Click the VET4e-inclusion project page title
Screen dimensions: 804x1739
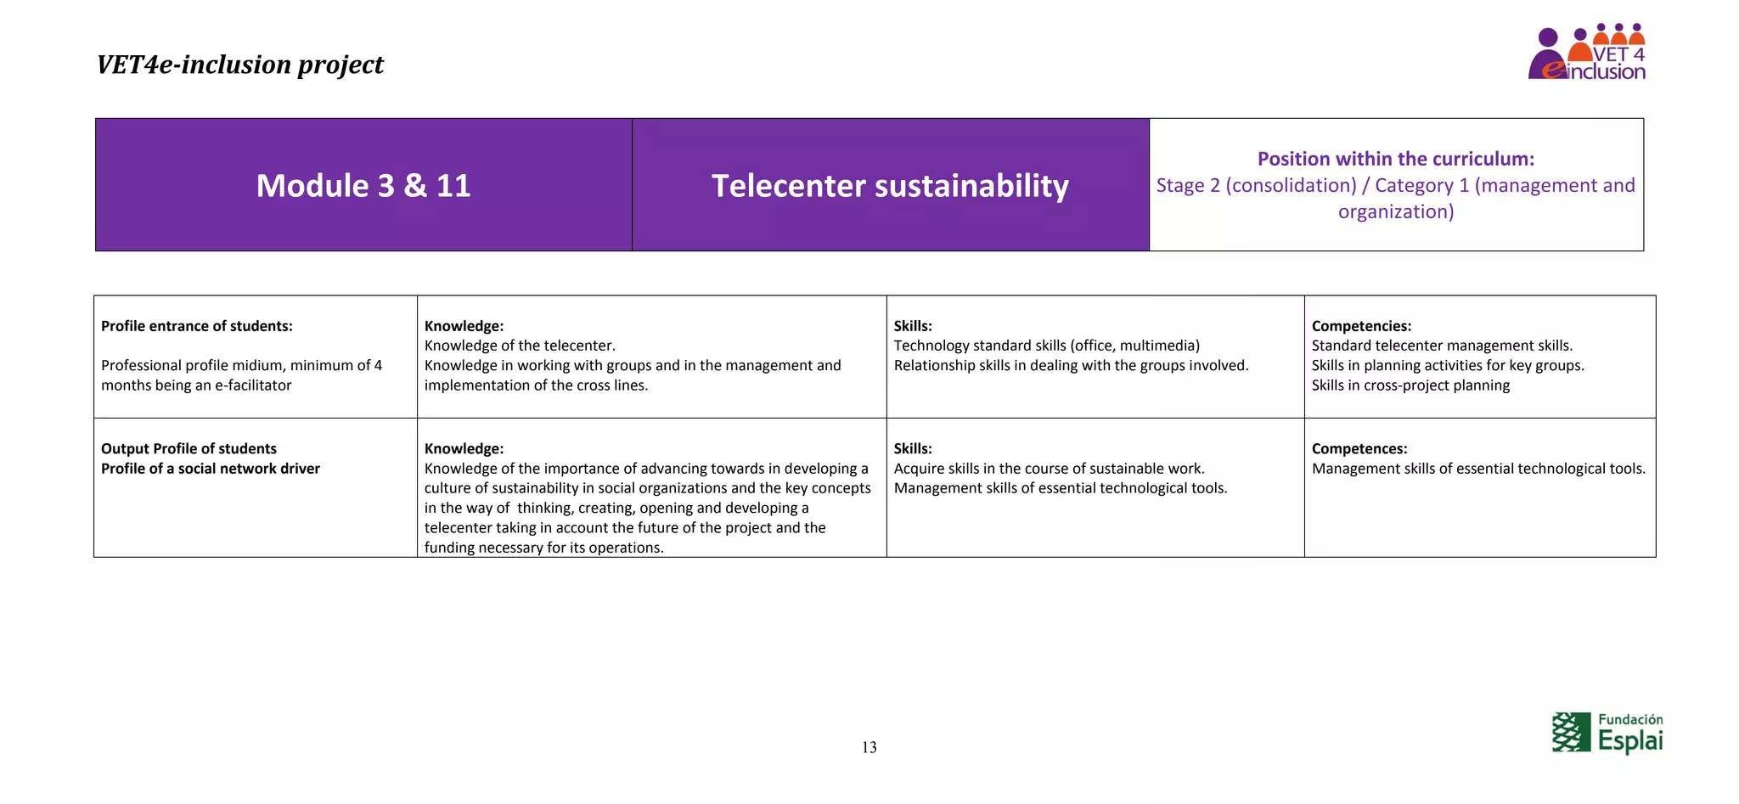click(239, 65)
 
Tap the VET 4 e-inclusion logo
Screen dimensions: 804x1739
click(1586, 53)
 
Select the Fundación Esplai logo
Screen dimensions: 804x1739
click(1607, 733)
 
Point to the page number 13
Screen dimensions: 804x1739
click(869, 747)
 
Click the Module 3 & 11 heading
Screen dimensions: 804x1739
click(363, 186)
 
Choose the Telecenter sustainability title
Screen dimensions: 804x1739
click(890, 186)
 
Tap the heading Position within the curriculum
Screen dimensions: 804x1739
click(1395, 159)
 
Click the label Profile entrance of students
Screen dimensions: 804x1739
click(197, 326)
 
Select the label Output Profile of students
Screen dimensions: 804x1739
click(189, 448)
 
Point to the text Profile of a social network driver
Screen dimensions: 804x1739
click(211, 469)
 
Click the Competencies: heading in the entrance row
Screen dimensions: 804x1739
click(1361, 326)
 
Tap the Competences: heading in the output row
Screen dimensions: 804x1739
click(1359, 448)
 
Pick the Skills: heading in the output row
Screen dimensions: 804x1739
click(913, 448)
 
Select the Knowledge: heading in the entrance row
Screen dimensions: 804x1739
click(464, 326)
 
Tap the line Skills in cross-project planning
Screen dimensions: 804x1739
click(1410, 385)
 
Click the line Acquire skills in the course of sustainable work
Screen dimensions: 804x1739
click(1049, 469)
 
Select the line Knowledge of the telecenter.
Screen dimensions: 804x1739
click(520, 346)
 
